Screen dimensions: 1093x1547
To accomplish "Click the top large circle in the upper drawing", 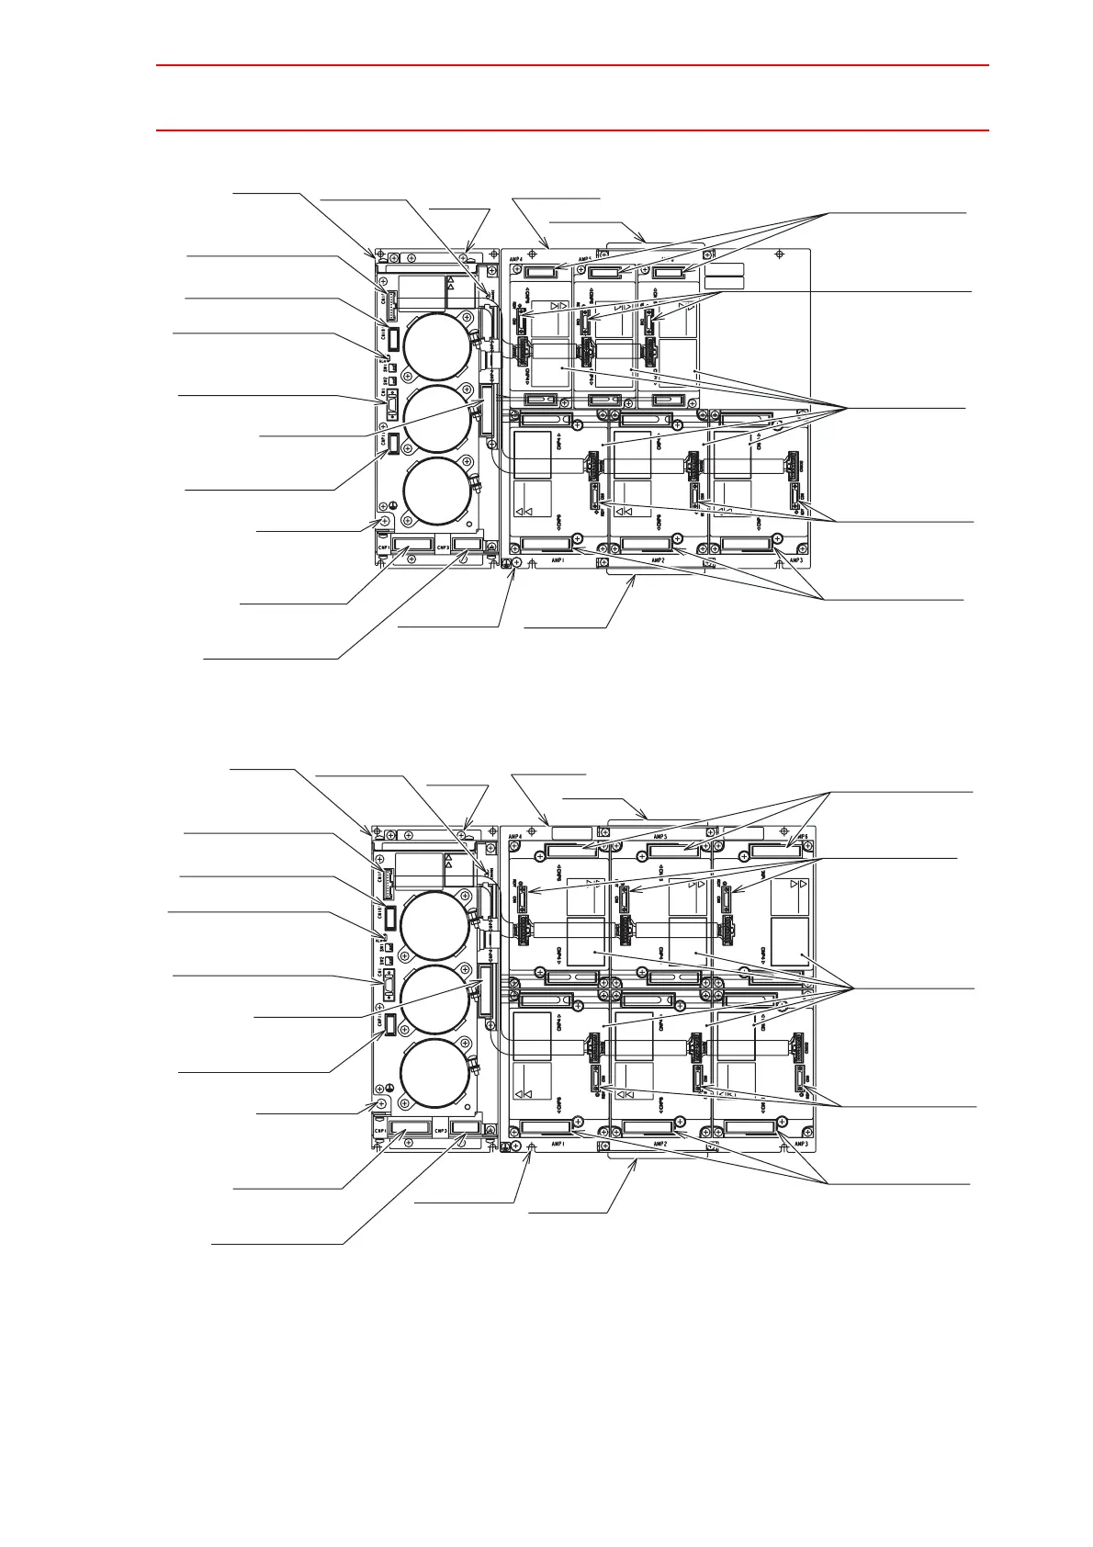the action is coord(437,345).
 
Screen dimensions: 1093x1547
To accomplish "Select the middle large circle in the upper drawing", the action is coord(437,419).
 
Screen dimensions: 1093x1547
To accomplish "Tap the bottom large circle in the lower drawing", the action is coord(437,1073).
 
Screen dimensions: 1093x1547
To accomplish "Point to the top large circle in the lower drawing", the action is coord(437,924).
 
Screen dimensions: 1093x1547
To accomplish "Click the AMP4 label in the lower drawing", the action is coord(515,837).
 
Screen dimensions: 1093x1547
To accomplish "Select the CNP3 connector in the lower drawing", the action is coord(467,1126).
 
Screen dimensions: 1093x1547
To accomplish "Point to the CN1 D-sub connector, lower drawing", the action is coord(389,989).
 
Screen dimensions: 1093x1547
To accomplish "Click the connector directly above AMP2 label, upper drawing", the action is coord(644,544).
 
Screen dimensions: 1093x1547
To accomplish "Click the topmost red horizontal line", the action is coord(572,65).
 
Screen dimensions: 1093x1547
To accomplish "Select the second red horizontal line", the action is coord(572,130).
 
